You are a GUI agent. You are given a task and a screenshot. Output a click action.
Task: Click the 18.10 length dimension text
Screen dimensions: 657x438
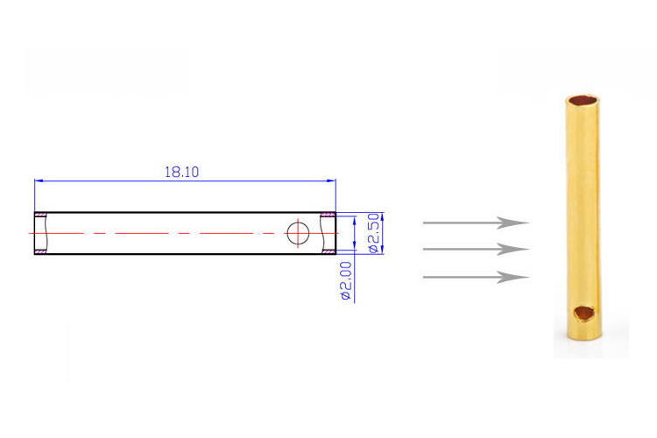[x=181, y=172]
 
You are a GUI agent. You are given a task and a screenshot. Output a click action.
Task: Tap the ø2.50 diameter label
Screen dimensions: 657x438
[x=375, y=233]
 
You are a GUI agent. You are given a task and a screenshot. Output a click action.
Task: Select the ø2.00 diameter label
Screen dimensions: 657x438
[x=346, y=281]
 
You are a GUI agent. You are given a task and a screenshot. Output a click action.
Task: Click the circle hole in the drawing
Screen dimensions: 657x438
[x=298, y=233]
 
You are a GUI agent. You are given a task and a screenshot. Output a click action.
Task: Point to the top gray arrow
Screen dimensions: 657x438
[x=476, y=223]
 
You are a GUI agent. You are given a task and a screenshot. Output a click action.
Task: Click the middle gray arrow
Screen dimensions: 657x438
[x=476, y=249]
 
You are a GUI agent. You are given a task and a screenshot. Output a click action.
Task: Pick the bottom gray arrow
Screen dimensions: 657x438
[x=476, y=277]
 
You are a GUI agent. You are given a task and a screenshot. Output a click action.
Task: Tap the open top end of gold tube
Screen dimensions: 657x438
[x=583, y=101]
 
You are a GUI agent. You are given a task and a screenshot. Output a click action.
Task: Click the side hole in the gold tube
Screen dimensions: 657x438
[x=583, y=313]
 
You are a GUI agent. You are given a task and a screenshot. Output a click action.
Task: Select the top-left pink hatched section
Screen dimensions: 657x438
[x=40, y=215]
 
